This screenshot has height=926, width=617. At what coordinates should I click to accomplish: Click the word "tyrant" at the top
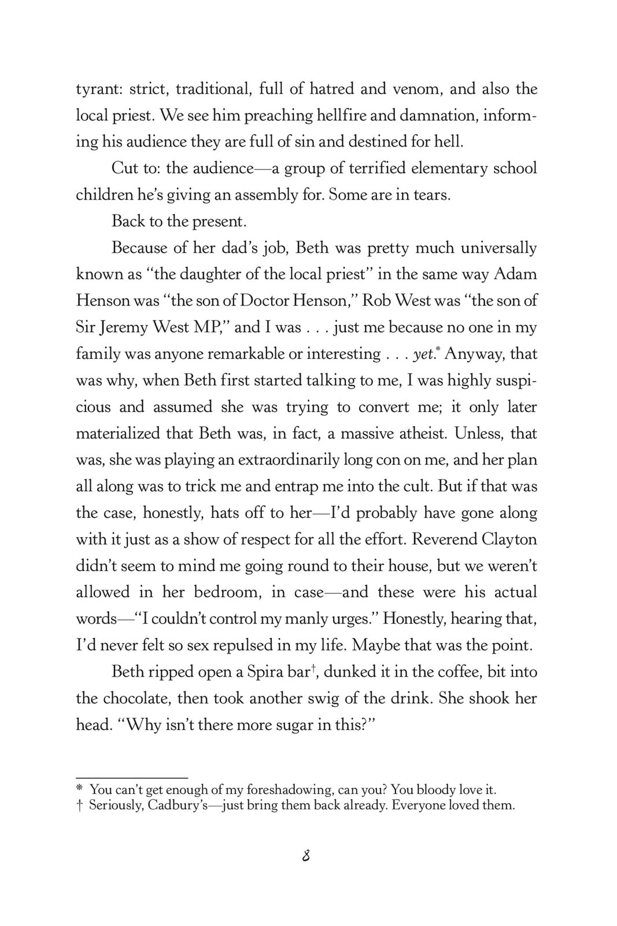pos(96,89)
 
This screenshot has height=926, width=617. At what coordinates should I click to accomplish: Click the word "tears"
pos(431,194)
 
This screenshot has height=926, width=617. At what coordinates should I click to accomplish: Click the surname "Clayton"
pos(509,539)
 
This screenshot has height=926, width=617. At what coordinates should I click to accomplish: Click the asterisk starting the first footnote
pos(80,789)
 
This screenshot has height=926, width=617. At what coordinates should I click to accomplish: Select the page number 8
pos(307,856)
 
